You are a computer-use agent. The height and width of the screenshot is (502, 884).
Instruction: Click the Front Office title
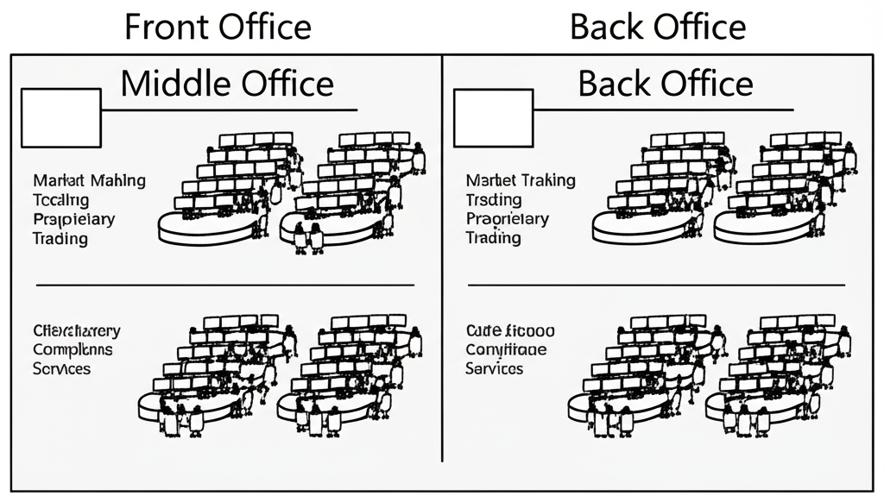pos(218,27)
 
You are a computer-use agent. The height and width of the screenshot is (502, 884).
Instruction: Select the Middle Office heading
pos(227,84)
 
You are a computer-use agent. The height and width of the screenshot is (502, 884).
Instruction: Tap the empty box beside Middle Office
pos(60,116)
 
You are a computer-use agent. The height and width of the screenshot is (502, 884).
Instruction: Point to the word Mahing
pos(117,181)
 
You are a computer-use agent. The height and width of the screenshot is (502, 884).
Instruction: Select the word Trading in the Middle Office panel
pos(60,239)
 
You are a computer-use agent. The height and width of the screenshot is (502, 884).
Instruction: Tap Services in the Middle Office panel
pos(62,368)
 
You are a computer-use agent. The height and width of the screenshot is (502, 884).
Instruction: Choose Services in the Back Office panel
pos(494,368)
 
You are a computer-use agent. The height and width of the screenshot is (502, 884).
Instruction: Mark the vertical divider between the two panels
pos(442,259)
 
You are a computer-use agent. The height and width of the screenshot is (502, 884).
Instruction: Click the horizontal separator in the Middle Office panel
pos(224,284)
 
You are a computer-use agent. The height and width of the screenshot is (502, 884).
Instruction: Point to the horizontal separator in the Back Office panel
pos(656,284)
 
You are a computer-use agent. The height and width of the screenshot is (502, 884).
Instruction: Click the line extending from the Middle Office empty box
pos(229,110)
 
